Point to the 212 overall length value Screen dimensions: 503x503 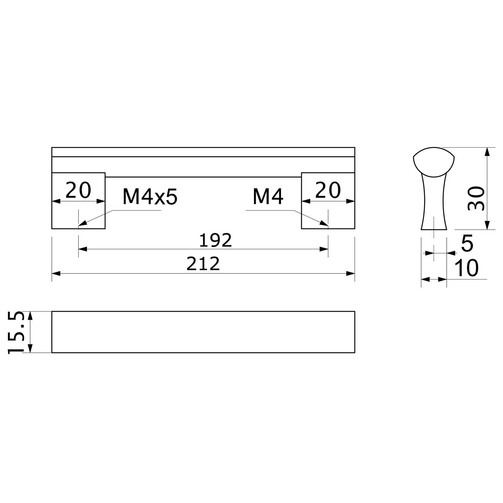pyautogui.click(x=203, y=264)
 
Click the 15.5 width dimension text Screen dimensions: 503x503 pyautogui.click(x=16, y=332)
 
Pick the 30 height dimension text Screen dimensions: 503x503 pyautogui.click(x=476, y=198)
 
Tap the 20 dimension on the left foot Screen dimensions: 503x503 pyautogui.click(x=78, y=190)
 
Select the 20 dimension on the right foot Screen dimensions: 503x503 pyautogui.click(x=328, y=190)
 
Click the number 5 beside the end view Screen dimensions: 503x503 pyautogui.click(x=467, y=243)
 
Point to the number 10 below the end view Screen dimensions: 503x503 pyautogui.click(x=466, y=268)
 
